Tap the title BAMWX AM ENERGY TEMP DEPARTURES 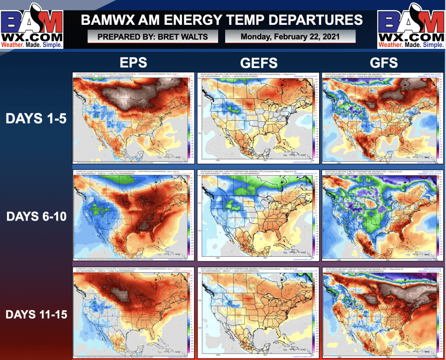click(x=222, y=20)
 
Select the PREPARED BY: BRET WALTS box click(x=153, y=37)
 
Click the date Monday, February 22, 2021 click(x=290, y=37)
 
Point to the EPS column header click(x=132, y=63)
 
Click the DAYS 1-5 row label click(x=36, y=118)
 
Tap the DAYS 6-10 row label click(x=36, y=216)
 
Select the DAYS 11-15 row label click(x=36, y=314)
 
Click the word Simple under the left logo click(x=51, y=44)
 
